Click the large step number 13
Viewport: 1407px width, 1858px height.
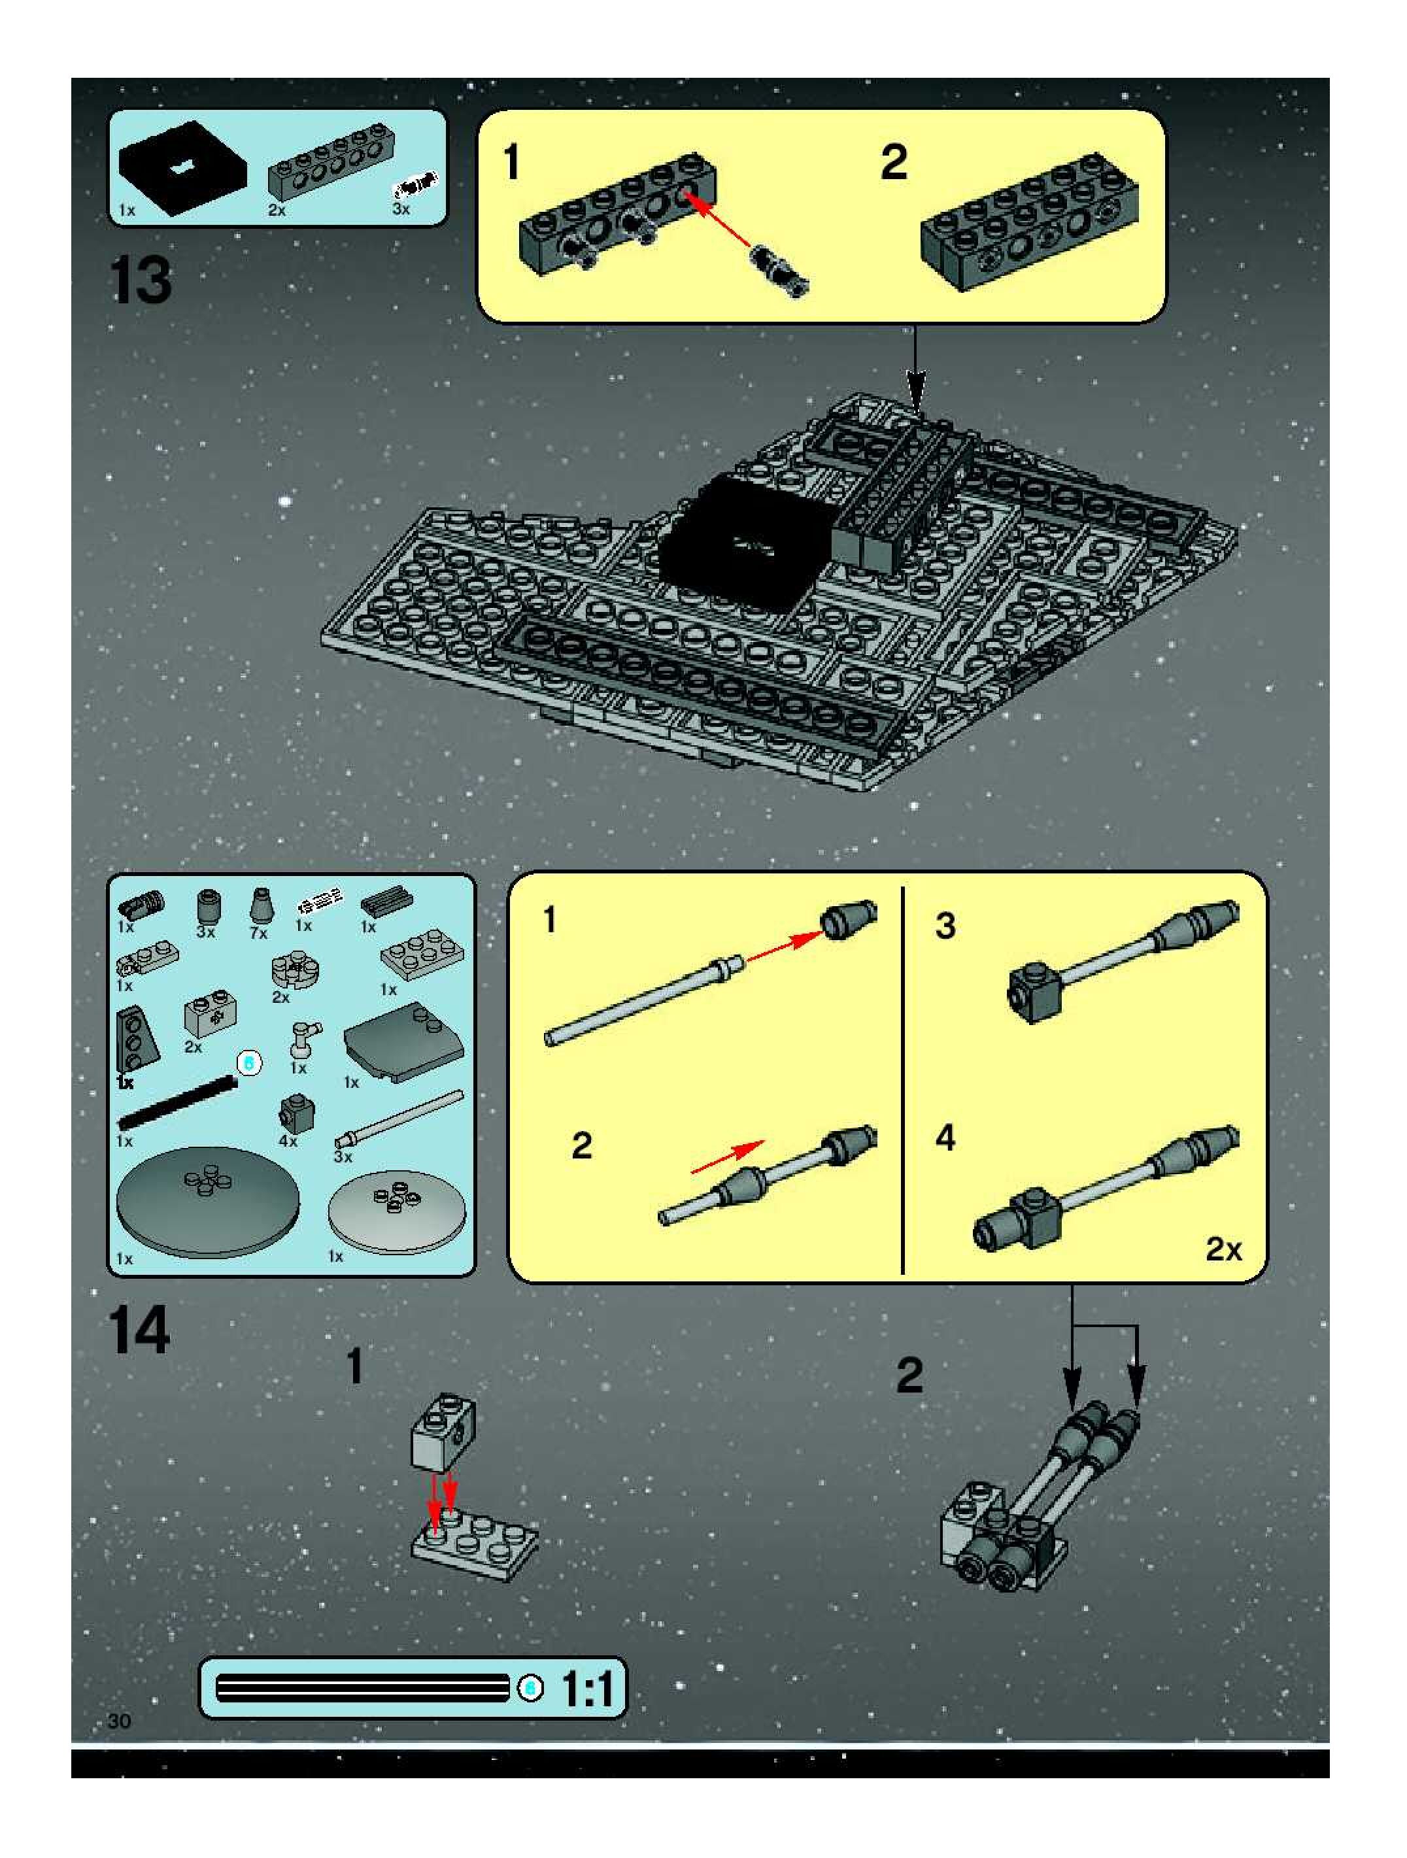(141, 280)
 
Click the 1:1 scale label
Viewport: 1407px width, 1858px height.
(588, 1687)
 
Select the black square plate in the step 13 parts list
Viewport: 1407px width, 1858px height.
(183, 168)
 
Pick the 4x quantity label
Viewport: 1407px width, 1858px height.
(288, 1141)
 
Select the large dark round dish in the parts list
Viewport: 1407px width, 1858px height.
(207, 1202)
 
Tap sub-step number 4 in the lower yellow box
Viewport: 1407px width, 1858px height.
(946, 1138)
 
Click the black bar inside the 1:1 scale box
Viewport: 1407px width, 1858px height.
(362, 1687)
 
